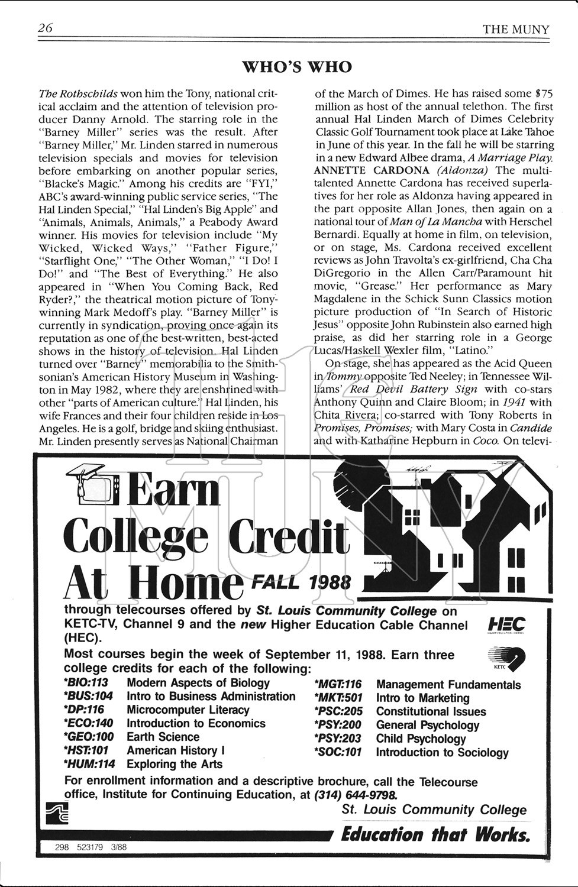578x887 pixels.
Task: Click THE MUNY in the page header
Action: [516, 29]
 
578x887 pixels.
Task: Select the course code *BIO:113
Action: [86, 683]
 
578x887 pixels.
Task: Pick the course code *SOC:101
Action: [337, 752]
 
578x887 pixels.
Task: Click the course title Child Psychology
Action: [421, 739]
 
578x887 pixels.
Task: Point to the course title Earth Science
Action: [163, 737]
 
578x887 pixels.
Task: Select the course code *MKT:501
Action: [338, 698]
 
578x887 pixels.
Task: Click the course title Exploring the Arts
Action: [175, 764]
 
